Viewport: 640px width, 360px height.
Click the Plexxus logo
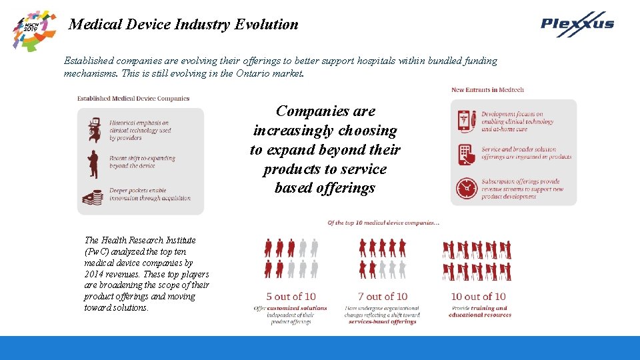tap(577, 24)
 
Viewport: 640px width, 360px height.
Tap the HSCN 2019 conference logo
tap(35, 29)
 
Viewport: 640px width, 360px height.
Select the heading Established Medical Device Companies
tap(133, 99)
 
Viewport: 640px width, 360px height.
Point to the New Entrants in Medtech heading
tap(487, 90)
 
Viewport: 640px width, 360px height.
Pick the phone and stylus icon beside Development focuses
tap(465, 121)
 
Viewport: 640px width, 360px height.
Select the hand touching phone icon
tap(465, 154)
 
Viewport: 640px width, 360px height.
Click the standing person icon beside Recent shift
tap(94, 161)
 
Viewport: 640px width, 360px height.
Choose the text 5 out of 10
tap(291, 296)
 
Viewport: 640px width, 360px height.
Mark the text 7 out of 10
tap(382, 296)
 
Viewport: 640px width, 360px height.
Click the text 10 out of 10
tap(478, 296)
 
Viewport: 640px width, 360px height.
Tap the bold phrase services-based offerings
tap(382, 321)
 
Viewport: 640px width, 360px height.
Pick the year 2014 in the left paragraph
tap(95, 274)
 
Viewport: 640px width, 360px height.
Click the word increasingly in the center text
tap(325, 131)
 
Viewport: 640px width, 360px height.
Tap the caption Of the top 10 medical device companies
tap(383, 222)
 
